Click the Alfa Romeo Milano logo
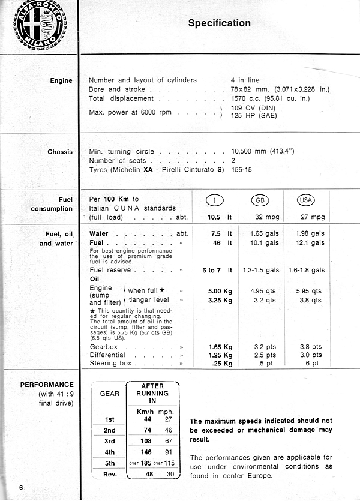pos(40,24)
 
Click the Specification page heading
pos(220,23)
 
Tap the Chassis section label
pos(60,152)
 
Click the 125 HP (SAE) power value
pos(254,116)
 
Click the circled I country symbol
pos(215,200)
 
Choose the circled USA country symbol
pos(305,200)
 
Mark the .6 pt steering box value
pos(312,363)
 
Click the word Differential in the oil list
pos(107,355)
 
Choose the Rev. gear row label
pos(109,474)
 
